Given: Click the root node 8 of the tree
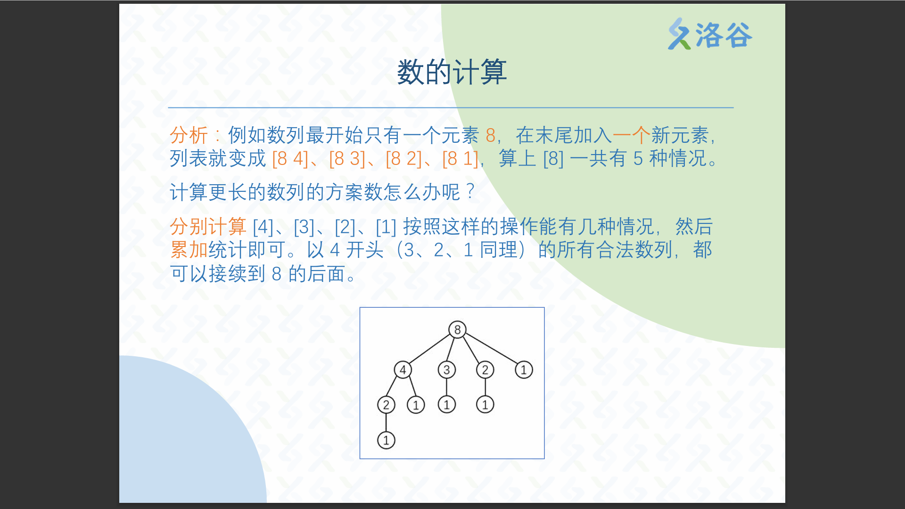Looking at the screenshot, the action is (457, 329).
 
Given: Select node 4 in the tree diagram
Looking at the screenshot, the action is (403, 370).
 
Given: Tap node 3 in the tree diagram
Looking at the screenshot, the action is (446, 370).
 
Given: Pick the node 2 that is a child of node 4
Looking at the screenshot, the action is (386, 405).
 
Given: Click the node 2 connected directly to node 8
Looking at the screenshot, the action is (485, 370).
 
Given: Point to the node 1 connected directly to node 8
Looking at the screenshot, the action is (524, 370).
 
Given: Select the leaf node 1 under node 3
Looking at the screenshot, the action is (446, 404).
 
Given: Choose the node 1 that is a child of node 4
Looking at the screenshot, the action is (416, 405).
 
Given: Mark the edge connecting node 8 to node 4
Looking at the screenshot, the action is (430, 350).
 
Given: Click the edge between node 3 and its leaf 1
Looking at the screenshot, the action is (446, 387).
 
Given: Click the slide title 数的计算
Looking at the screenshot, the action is (452, 72).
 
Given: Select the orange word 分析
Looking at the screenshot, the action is (189, 135).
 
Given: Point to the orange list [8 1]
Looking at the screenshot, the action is (461, 159).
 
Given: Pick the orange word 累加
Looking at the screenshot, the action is (189, 250).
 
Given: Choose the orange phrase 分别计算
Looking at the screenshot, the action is (208, 227).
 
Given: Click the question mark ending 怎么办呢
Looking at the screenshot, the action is (470, 192).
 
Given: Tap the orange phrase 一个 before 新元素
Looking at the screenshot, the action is (631, 135).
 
